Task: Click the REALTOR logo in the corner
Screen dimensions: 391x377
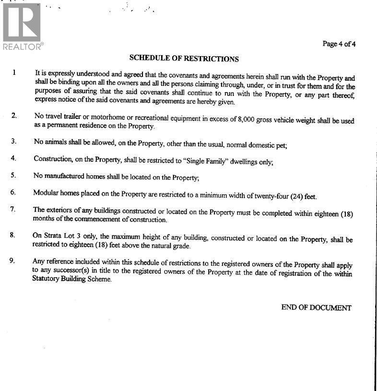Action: pyautogui.click(x=22, y=26)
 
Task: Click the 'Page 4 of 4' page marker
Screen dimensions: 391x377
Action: pyautogui.click(x=339, y=44)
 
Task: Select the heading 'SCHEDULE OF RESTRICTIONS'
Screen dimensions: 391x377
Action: pyautogui.click(x=184, y=59)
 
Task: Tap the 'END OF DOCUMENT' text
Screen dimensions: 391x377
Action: pyautogui.click(x=316, y=308)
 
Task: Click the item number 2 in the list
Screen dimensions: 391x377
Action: pyautogui.click(x=14, y=116)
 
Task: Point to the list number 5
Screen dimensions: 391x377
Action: pyautogui.click(x=13, y=175)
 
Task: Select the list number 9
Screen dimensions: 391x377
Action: pyautogui.click(x=12, y=261)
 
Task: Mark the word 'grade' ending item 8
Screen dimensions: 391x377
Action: pyautogui.click(x=181, y=246)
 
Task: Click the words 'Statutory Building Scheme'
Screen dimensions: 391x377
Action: pyautogui.click(x=72, y=279)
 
